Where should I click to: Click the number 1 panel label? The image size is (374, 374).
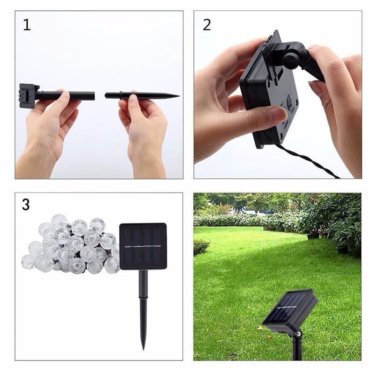27,25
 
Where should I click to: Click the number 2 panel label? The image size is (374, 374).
207,25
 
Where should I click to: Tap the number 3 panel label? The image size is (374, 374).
26,204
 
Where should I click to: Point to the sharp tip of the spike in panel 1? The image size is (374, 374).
178,96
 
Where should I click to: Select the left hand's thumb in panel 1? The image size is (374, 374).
62,98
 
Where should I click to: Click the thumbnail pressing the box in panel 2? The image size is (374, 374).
280,112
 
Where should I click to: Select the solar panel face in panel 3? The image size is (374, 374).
143,246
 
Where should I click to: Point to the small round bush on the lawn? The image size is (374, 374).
201,247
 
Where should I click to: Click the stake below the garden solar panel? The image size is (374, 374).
295,351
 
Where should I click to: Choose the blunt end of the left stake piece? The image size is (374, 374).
93,96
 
